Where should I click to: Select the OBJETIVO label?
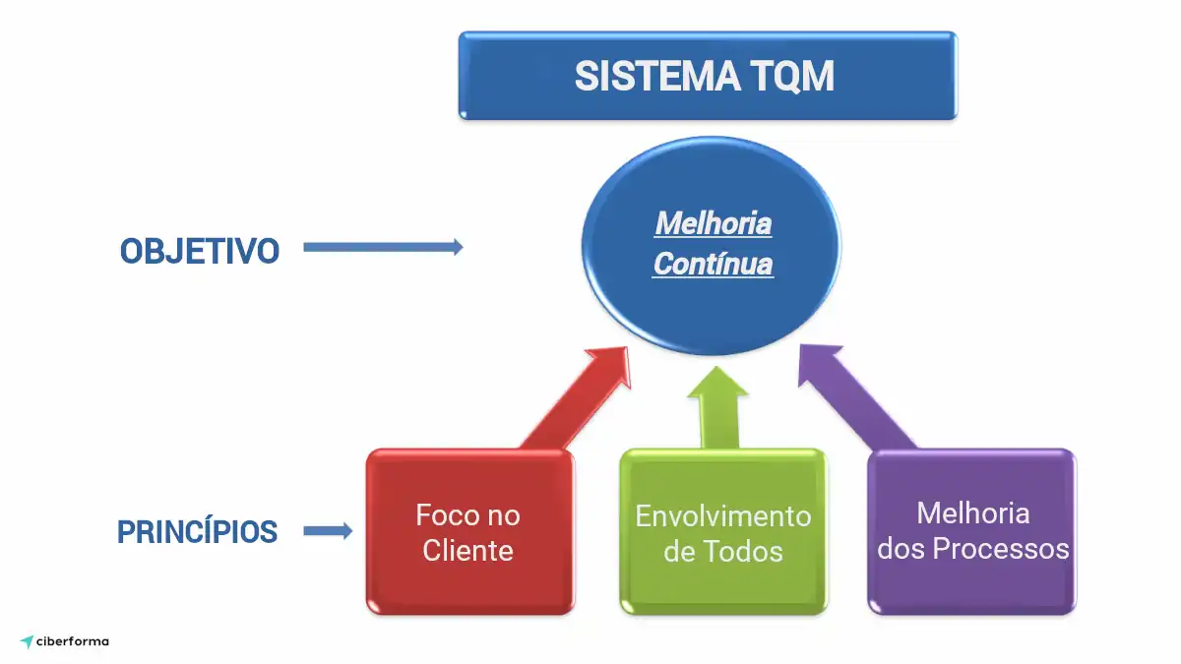coord(200,251)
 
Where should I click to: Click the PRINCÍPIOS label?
coord(197,532)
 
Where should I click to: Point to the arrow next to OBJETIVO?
coord(383,248)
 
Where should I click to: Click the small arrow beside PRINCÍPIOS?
coord(328,532)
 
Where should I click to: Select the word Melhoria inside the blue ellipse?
coord(714,223)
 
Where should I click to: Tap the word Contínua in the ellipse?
coord(714,265)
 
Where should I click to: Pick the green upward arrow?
coord(718,408)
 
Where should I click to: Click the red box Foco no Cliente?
coord(468,532)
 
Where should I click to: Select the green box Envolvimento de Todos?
coord(722,532)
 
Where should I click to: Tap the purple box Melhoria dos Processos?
coord(972,532)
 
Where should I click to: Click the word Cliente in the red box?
coord(468,551)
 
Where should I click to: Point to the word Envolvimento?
coord(722,515)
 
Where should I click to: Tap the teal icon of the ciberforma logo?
coord(27,642)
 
